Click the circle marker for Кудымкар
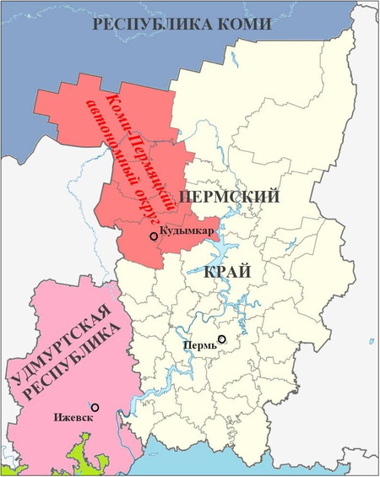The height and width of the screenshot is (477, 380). [x=153, y=237]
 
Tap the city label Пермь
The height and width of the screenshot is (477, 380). [x=199, y=345]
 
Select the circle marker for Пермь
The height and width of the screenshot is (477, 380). [x=222, y=340]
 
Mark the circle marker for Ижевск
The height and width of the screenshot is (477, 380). [x=95, y=408]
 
